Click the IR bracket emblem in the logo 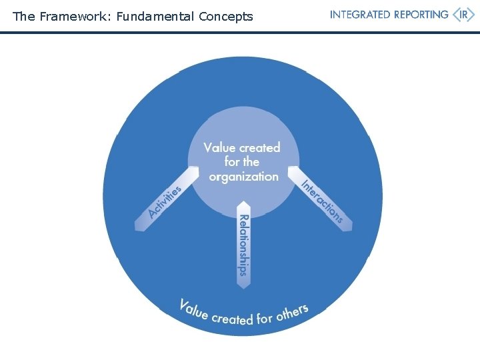464,15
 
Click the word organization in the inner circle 243,177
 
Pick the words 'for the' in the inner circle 242,162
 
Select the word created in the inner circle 261,147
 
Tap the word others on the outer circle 292,311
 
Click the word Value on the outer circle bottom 194,309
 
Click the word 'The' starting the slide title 23,17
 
